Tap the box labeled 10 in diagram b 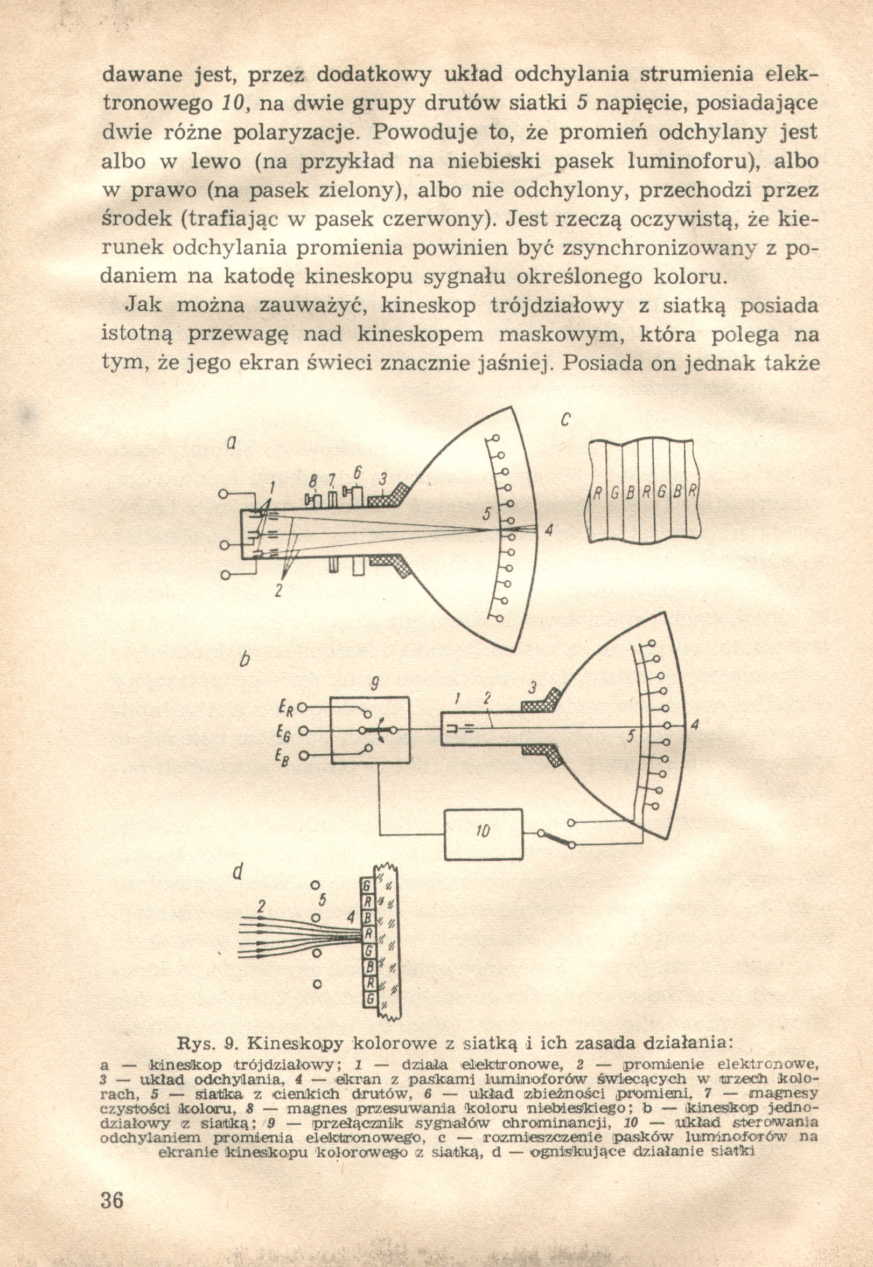click(x=483, y=832)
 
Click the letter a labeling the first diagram click(x=232, y=444)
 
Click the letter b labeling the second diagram click(x=245, y=660)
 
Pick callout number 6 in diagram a click(x=358, y=472)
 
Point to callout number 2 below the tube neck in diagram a click(x=278, y=591)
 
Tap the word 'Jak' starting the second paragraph click(x=144, y=305)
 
